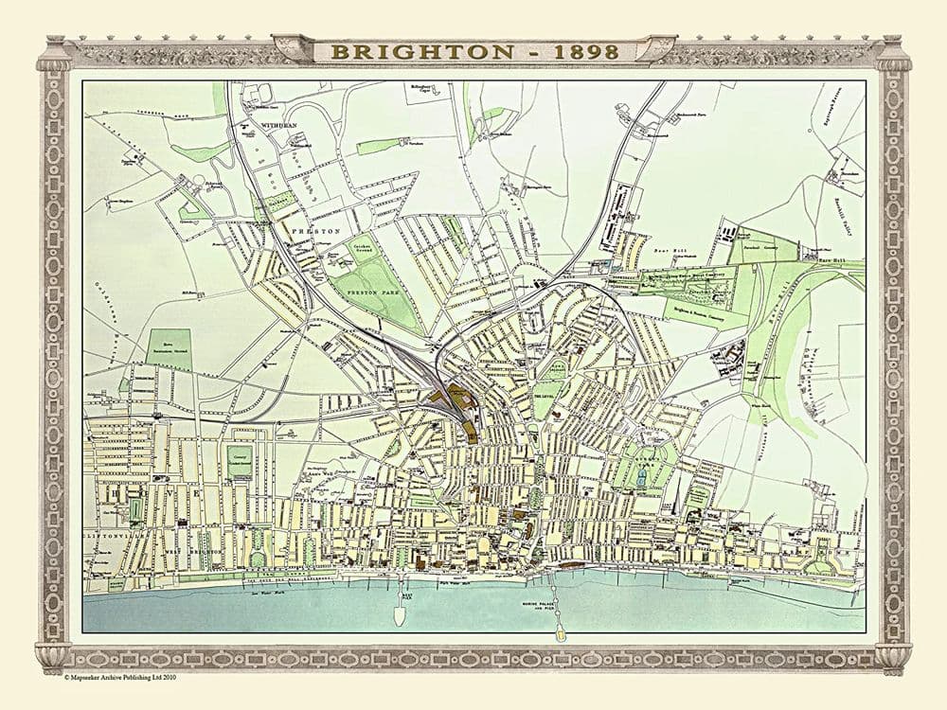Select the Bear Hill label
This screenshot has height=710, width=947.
coord(669,252)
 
